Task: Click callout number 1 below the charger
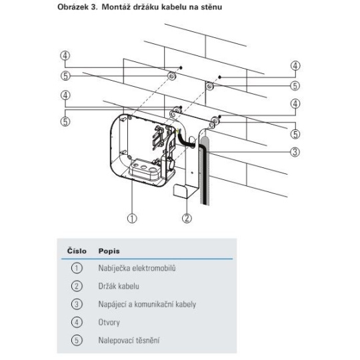pyautogui.click(x=132, y=218)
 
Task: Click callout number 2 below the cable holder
pyautogui.click(x=187, y=218)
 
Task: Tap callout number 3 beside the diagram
pyautogui.click(x=295, y=152)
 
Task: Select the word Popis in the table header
pyautogui.click(x=109, y=251)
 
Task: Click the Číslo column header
pyautogui.click(x=77, y=251)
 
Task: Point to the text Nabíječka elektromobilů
pyautogui.click(x=137, y=268)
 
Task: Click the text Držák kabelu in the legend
pyautogui.click(x=119, y=286)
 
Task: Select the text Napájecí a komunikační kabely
pyautogui.click(x=147, y=304)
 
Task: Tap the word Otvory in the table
pyautogui.click(x=109, y=323)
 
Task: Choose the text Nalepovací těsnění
pyautogui.click(x=129, y=340)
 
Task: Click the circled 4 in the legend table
pyautogui.click(x=77, y=323)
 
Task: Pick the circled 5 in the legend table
pyautogui.click(x=77, y=340)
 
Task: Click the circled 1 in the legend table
pyautogui.click(x=77, y=268)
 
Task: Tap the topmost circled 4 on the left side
pyautogui.click(x=65, y=56)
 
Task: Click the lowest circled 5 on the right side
pyautogui.click(x=295, y=134)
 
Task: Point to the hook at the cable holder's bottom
pyautogui.click(x=181, y=191)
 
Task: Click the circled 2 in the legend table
pyautogui.click(x=77, y=286)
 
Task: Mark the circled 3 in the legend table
pyautogui.click(x=77, y=304)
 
